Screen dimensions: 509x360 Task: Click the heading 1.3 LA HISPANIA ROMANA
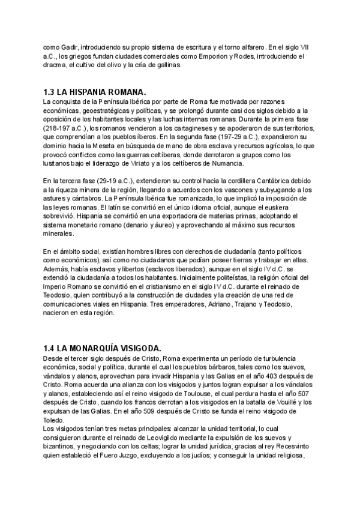tap(95, 92)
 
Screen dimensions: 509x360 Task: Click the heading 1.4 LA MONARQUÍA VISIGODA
tap(98, 348)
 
